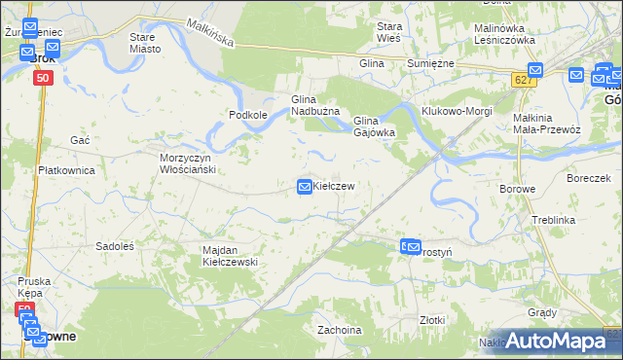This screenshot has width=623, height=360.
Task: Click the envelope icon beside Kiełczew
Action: click(x=305, y=186)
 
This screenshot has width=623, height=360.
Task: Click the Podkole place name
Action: click(x=247, y=115)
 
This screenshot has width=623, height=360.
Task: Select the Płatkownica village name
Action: click(x=65, y=170)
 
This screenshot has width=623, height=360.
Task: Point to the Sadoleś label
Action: click(x=113, y=246)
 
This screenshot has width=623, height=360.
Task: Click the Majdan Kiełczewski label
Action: click(x=229, y=256)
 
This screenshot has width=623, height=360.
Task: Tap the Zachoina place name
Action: click(x=339, y=330)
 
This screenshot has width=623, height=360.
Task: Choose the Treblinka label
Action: click(x=553, y=221)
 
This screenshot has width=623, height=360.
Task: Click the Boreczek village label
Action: click(x=588, y=178)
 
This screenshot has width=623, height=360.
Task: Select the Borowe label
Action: click(x=517, y=189)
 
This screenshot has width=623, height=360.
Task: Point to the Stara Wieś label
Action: click(x=390, y=31)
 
